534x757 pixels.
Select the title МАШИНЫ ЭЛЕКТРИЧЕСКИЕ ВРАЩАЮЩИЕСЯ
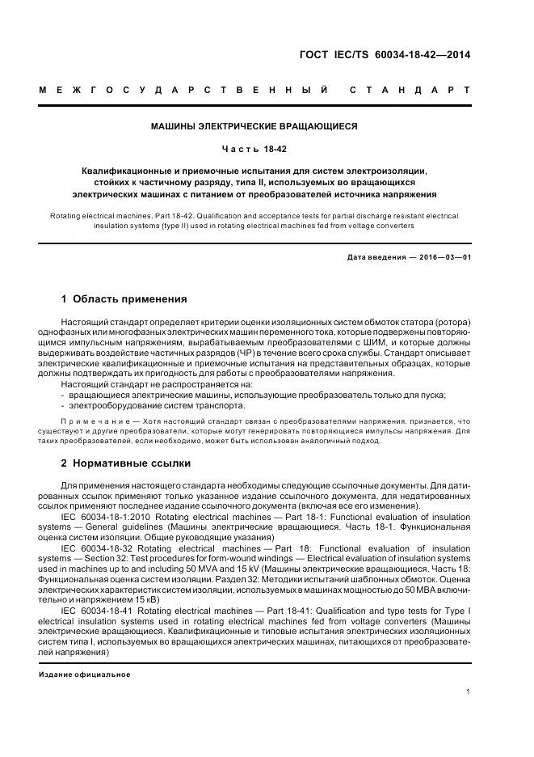pyautogui.click(x=254, y=126)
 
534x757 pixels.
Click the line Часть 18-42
pyautogui.click(x=254, y=149)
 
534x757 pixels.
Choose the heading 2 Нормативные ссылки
pyautogui.click(x=126, y=463)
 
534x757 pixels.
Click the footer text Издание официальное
pyautogui.click(x=85, y=675)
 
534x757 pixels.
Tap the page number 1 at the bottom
pyautogui.click(x=469, y=691)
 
